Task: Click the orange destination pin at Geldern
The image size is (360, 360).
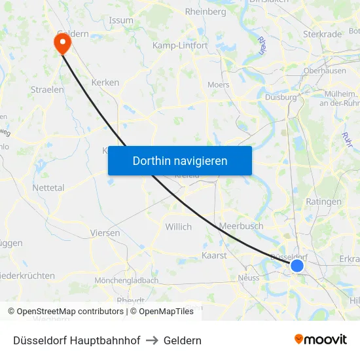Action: point(62,43)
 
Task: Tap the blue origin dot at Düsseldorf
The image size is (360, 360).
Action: point(297,265)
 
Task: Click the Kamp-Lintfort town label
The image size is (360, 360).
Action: point(179,46)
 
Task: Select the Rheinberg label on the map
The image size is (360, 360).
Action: point(206,12)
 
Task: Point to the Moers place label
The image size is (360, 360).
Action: point(218,84)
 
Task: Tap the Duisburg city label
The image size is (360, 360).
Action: point(281,97)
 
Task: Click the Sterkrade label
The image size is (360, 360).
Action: point(323,34)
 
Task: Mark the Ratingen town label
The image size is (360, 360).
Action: point(323,202)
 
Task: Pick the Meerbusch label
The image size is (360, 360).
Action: point(242,226)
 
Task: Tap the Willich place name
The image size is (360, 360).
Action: point(179,226)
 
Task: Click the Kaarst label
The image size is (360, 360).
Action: point(214,255)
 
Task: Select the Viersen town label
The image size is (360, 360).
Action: point(105,232)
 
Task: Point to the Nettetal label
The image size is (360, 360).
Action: point(48,188)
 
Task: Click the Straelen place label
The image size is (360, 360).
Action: point(47,89)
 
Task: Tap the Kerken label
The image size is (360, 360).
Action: point(105,82)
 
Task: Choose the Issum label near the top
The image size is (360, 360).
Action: point(121,20)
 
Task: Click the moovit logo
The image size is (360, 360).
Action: point(321,340)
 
